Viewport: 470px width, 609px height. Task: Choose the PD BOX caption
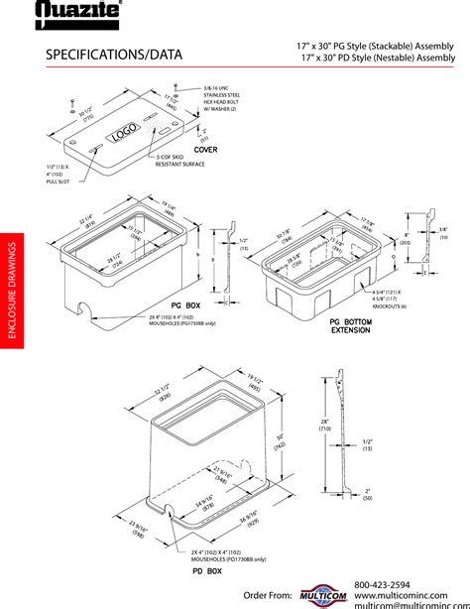[207, 572]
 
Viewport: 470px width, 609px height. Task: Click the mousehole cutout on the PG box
[89, 320]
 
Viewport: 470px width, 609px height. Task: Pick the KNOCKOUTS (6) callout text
[388, 301]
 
